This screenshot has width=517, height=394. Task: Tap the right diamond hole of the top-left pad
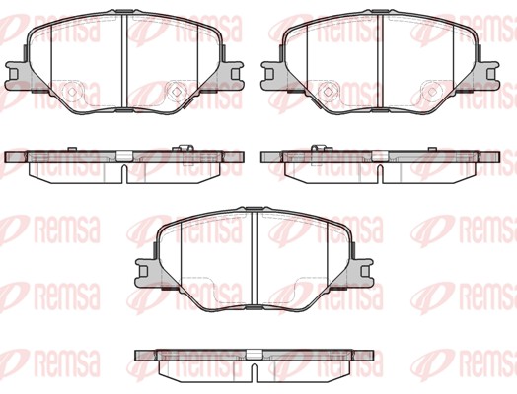[176, 92]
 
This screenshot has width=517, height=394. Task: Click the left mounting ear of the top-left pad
[15, 72]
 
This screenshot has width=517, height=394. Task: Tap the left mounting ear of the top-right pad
[269, 72]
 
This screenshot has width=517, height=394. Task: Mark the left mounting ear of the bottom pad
[143, 267]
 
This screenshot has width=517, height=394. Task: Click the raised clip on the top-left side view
[185, 149]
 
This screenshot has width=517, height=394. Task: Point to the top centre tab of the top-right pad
[379, 16]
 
